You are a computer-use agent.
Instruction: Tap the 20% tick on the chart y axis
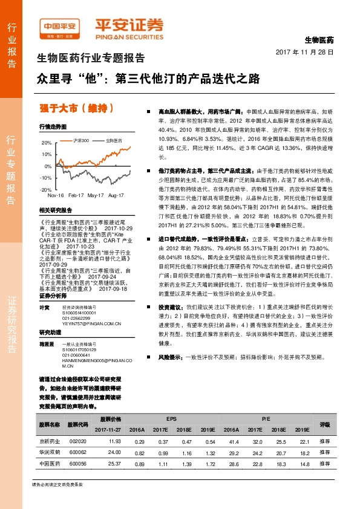click(47, 143)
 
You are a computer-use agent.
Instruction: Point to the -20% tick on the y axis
click(46, 189)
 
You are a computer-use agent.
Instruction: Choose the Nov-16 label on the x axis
click(56, 196)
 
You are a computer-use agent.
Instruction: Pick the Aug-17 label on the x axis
click(116, 196)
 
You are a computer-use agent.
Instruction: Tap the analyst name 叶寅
click(44, 308)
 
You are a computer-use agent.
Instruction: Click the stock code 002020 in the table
click(77, 443)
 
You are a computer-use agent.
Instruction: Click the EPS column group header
click(171, 418)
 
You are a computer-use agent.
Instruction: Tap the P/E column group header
click(266, 418)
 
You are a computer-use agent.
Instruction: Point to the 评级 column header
click(325, 424)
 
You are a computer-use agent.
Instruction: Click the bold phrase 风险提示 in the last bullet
click(170, 357)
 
